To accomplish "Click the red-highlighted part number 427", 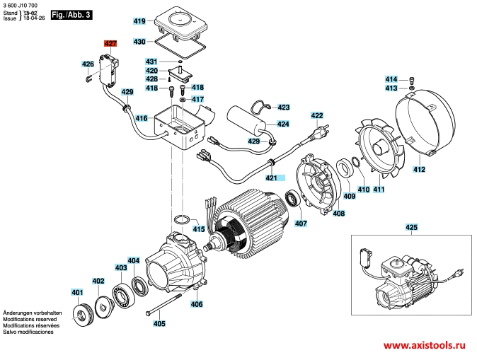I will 110,44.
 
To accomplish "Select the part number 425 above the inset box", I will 412,227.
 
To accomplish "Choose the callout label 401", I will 76,292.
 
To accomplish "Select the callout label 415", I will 199,229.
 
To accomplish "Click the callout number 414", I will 391,79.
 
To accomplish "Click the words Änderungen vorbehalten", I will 33,312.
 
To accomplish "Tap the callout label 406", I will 196,304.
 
